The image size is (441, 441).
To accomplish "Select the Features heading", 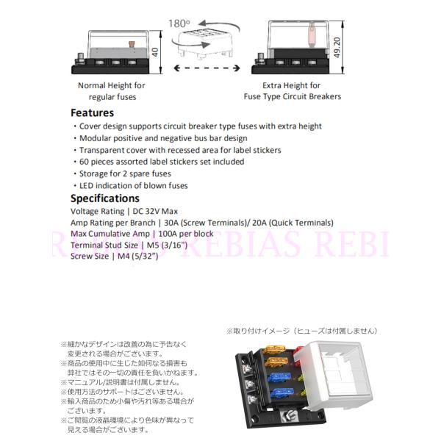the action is click(x=92, y=113).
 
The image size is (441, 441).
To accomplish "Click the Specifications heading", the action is click(x=104, y=198).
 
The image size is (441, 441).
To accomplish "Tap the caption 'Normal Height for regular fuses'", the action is click(x=112, y=91).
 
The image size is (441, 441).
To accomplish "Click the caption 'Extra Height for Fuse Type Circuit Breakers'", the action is click(x=292, y=91).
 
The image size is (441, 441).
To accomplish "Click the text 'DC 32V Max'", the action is click(x=154, y=211).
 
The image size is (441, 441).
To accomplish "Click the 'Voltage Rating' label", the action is click(x=98, y=211).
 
